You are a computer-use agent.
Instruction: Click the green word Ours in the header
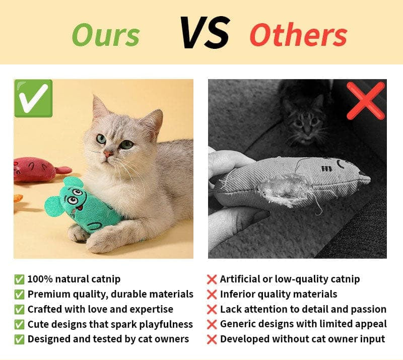[106, 35]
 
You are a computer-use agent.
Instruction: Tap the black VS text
[205, 33]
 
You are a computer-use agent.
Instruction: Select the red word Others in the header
[298, 35]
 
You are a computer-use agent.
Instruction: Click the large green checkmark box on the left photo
[33, 98]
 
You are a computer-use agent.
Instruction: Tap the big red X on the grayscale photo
[366, 100]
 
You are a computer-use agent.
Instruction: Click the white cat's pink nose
[107, 153]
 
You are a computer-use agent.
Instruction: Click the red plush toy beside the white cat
[35, 169]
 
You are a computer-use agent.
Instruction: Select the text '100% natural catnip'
[74, 279]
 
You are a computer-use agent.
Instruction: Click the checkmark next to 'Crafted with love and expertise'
[20, 309]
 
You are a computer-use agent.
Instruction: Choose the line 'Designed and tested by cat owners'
[108, 339]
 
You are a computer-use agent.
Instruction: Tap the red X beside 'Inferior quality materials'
[212, 295]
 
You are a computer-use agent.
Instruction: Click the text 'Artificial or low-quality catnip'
[290, 279]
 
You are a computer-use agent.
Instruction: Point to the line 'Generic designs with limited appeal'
[303, 324]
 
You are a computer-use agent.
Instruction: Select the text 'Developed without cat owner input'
[302, 339]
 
